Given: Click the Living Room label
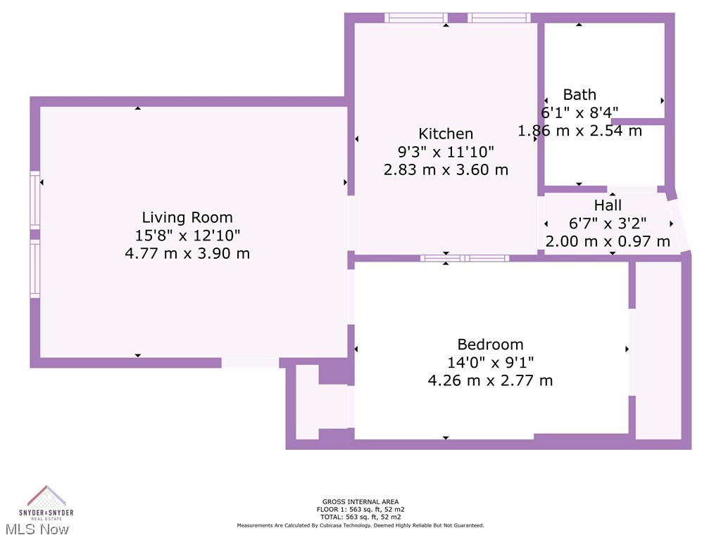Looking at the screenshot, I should (x=187, y=217).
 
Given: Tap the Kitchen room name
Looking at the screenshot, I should (x=446, y=134).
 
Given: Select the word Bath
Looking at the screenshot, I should (x=579, y=94).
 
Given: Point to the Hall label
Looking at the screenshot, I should (x=608, y=205).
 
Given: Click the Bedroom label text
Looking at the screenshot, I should (x=490, y=345).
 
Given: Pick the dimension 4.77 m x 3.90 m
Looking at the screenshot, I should (x=187, y=253).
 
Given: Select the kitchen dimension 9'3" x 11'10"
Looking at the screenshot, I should (x=446, y=151).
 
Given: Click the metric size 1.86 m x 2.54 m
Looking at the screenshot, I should (x=579, y=131).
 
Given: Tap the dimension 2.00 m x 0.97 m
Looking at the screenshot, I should (x=608, y=241).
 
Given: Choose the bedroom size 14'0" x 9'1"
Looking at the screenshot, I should (x=490, y=363).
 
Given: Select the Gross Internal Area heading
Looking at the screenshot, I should (x=360, y=502).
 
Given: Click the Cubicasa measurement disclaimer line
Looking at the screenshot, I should (x=360, y=525).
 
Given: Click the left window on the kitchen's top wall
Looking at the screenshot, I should (x=416, y=18).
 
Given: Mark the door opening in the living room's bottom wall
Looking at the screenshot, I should (x=250, y=363).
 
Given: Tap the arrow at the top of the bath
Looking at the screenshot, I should (x=579, y=25).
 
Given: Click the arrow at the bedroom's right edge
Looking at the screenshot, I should (x=627, y=349).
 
